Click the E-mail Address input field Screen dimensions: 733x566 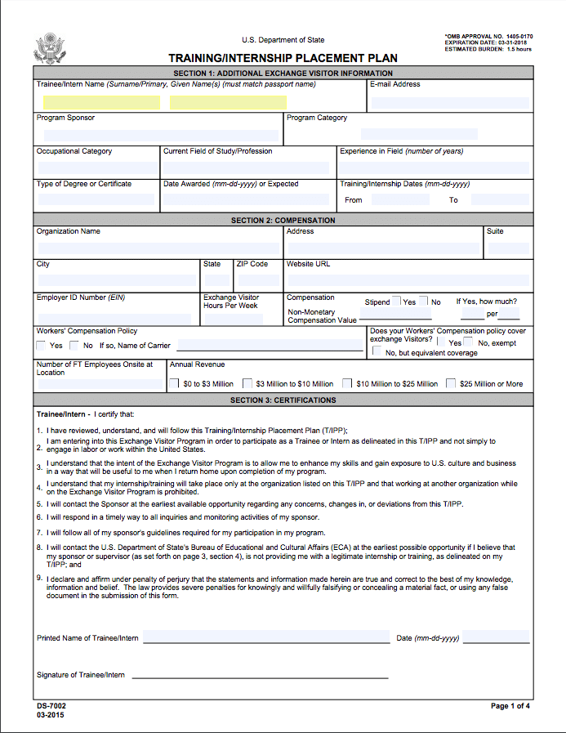[x=448, y=102]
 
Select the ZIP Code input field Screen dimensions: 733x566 [x=256, y=280]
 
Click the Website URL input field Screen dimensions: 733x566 [x=407, y=280]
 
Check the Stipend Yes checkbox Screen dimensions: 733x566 [x=396, y=302]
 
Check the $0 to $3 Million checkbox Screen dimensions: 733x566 [x=175, y=383]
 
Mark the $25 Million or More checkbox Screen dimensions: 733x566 [x=451, y=383]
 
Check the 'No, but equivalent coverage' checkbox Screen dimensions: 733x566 [x=377, y=351]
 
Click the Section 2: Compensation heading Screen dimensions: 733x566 [x=283, y=221]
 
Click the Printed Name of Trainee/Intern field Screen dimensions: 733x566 [x=265, y=637]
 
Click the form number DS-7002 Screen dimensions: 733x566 [x=51, y=705]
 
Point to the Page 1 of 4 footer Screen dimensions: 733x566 [x=510, y=705]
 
